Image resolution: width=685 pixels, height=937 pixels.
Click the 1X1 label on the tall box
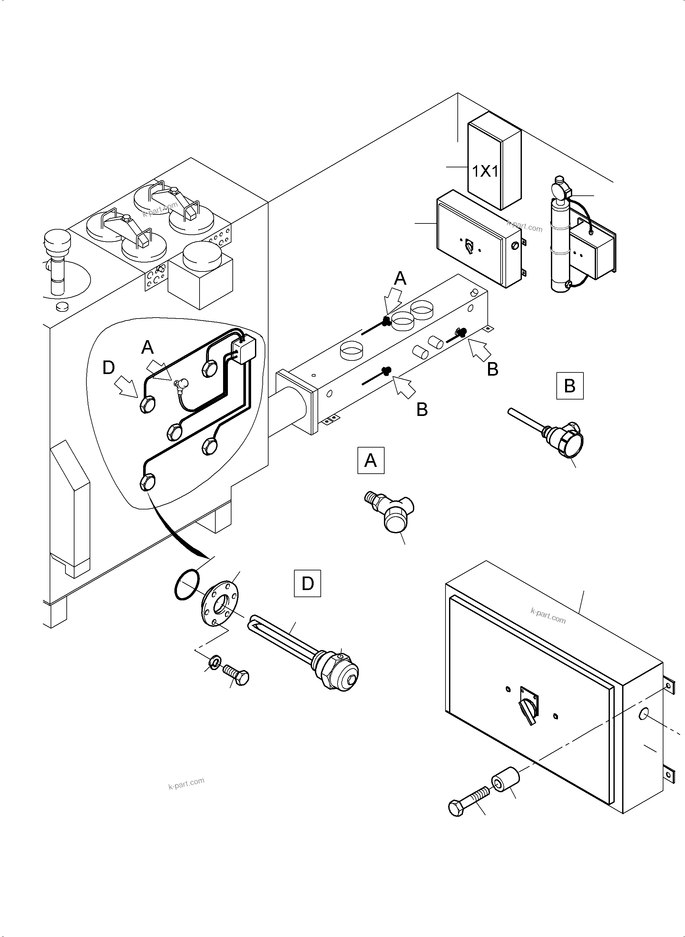(485, 171)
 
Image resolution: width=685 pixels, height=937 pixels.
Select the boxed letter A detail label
(371, 460)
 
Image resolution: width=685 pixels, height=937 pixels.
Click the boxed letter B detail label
(570, 386)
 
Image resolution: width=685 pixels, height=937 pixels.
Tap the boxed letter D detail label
(307, 584)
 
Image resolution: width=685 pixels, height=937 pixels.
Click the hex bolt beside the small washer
(237, 675)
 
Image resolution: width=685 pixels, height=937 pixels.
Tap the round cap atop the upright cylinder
(559, 189)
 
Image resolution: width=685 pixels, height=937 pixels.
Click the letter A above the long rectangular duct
(400, 278)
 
